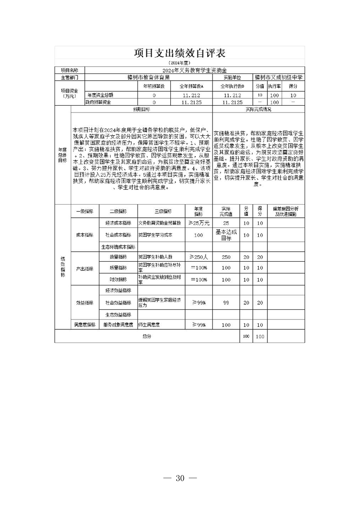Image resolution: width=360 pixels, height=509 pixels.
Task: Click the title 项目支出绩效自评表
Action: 180,54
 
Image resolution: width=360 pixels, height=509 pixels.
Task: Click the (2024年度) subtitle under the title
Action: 180,63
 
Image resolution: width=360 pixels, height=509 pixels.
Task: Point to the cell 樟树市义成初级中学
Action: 278,78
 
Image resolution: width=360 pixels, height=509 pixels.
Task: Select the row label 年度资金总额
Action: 100,95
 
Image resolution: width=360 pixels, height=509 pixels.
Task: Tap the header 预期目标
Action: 142,110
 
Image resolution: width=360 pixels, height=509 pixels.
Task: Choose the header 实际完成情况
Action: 258,110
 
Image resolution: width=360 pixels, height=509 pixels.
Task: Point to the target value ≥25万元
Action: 198,223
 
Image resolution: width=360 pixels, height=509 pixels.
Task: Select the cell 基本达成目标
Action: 226,235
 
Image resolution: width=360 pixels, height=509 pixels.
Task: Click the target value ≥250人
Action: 198,257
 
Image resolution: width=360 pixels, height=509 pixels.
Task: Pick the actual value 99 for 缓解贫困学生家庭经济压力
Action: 226,303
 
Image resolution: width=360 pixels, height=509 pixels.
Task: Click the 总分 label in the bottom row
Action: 146,336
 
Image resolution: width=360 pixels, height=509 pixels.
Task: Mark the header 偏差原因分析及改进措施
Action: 286,210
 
